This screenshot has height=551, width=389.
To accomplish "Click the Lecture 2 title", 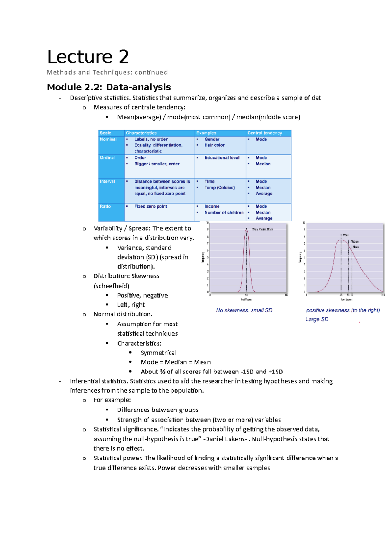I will pyautogui.click(x=88, y=57).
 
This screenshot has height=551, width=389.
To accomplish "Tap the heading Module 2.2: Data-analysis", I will pyautogui.click(x=109, y=87).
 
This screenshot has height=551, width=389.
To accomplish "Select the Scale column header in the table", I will pyautogui.click(x=105, y=133).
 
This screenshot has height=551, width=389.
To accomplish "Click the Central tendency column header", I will pyautogui.click(x=265, y=133).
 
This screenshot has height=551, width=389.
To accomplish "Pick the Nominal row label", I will pyautogui.click(x=108, y=139).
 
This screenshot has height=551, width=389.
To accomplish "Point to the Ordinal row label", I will pyautogui.click(x=107, y=158).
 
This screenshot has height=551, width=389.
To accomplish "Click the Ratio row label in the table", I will pyautogui.click(x=105, y=206).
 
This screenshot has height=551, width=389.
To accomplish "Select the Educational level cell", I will pyautogui.click(x=222, y=158).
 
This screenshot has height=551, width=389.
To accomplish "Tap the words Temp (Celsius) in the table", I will pyautogui.click(x=219, y=188).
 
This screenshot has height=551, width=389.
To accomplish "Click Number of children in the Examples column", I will pyautogui.click(x=224, y=213).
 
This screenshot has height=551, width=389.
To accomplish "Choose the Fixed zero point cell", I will pyautogui.click(x=150, y=206).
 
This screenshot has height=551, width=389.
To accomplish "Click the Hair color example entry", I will pyautogui.click(x=214, y=145).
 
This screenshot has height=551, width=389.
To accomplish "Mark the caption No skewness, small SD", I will pyautogui.click(x=244, y=311).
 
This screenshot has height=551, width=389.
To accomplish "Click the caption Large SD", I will pyautogui.click(x=317, y=320).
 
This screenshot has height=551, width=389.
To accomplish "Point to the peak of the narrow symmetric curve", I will pyautogui.click(x=246, y=229).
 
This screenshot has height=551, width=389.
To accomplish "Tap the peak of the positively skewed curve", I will pyautogui.click(x=341, y=240).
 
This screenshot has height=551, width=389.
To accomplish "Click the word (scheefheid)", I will pyautogui.click(x=111, y=286).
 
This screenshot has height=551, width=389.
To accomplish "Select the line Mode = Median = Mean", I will pyautogui.click(x=175, y=362).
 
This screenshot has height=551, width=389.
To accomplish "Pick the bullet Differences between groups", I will pyautogui.click(x=158, y=410).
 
